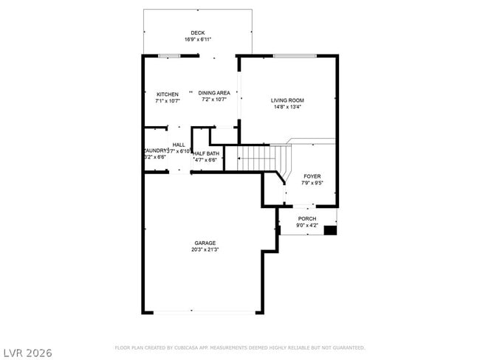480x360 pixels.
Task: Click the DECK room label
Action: point(197,32)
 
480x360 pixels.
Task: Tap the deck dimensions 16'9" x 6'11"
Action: point(197,39)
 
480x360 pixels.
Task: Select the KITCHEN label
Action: point(168,94)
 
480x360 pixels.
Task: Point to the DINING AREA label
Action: point(214,93)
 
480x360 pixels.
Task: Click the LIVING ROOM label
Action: point(287,100)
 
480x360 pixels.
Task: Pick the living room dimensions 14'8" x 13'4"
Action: point(287,107)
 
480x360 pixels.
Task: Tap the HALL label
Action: point(179,145)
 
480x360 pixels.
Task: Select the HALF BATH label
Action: point(206,153)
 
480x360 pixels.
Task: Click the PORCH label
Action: point(307,218)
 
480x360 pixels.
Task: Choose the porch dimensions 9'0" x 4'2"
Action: point(307,225)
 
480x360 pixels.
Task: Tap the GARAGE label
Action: point(205,243)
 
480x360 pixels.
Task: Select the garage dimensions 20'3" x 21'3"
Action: point(205,249)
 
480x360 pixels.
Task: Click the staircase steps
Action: point(258,156)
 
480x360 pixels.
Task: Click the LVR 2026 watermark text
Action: point(27,353)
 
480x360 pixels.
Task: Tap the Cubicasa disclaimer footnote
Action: point(240,347)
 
